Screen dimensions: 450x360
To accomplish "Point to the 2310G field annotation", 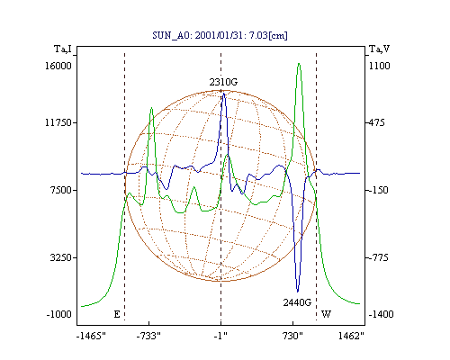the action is click(x=223, y=82).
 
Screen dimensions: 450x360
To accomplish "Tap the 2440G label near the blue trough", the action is click(x=297, y=302).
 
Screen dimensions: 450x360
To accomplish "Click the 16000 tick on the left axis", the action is click(x=58, y=66).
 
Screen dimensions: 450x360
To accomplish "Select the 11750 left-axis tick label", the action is click(x=58, y=122).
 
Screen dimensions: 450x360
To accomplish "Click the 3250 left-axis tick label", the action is click(x=61, y=257).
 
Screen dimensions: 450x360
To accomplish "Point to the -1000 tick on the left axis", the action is click(x=58, y=314).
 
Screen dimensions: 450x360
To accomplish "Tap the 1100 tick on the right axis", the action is click(x=379, y=66).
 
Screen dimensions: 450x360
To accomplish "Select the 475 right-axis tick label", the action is click(x=376, y=122).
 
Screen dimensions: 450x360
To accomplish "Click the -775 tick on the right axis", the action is click(x=378, y=257).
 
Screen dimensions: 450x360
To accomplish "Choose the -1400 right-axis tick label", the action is click(x=381, y=314).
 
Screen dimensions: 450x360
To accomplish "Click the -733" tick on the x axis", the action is click(x=148, y=336).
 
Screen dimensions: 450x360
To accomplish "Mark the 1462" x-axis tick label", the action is click(x=351, y=336).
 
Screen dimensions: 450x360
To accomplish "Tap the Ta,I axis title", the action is click(x=63, y=49).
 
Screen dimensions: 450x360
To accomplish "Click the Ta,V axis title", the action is click(x=379, y=49).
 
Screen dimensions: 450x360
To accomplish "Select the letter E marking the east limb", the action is click(x=117, y=314).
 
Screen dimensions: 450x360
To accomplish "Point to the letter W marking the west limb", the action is click(x=326, y=314).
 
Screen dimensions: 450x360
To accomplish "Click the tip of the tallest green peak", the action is click(x=299, y=63).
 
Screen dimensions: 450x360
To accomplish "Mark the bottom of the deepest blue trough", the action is click(x=297, y=292).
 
